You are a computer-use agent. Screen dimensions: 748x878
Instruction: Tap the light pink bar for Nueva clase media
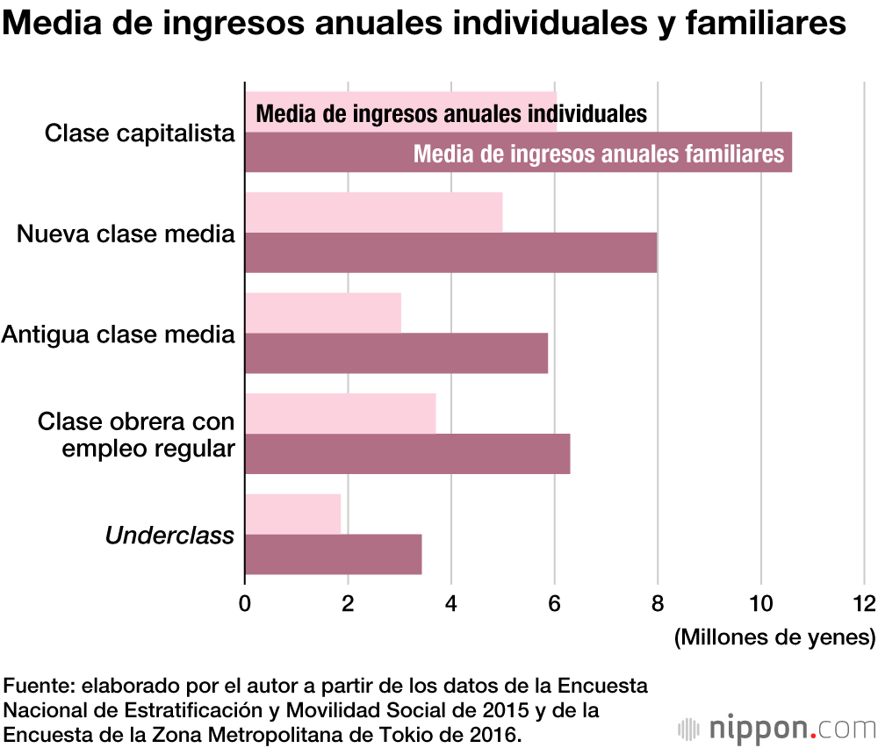[373, 212]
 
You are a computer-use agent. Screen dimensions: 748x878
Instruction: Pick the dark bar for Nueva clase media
[450, 253]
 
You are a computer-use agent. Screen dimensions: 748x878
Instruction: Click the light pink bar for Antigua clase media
[322, 313]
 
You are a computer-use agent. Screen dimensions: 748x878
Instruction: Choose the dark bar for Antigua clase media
[396, 353]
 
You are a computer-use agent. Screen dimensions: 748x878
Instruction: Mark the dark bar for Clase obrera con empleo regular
[407, 454]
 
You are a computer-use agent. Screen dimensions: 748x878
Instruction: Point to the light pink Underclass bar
[292, 514]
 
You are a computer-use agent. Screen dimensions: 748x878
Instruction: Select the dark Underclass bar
[333, 554]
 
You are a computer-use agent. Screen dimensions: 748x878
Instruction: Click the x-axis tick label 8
[658, 604]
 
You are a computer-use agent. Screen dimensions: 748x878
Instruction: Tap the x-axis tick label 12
[864, 604]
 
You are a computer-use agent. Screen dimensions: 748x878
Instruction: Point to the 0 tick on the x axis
[245, 604]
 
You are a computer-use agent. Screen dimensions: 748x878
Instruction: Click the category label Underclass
[169, 535]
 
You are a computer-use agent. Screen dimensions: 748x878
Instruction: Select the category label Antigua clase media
[119, 334]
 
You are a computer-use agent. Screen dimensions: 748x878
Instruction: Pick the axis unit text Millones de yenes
[775, 637]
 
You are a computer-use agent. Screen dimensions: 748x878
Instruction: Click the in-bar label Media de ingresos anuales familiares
[598, 154]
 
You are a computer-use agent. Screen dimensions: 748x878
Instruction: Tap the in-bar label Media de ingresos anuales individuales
[451, 114]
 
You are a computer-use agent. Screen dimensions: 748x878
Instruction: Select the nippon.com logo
[777, 728]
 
